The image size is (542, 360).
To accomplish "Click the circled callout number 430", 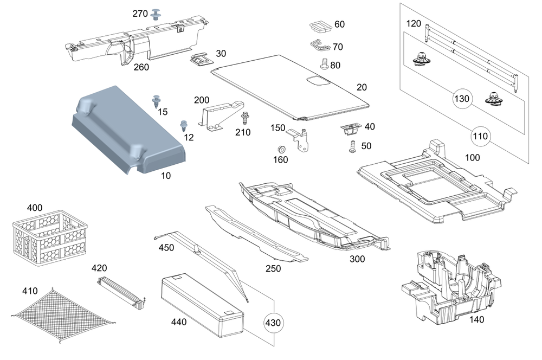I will [274, 322].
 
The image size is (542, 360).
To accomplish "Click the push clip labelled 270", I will [158, 14].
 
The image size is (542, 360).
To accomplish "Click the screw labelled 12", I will [183, 126].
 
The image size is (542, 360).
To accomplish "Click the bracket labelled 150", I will [300, 138].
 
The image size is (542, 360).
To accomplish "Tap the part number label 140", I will [476, 319].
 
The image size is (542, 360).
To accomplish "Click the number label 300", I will [357, 259].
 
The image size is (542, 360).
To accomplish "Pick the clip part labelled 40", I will [350, 129].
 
